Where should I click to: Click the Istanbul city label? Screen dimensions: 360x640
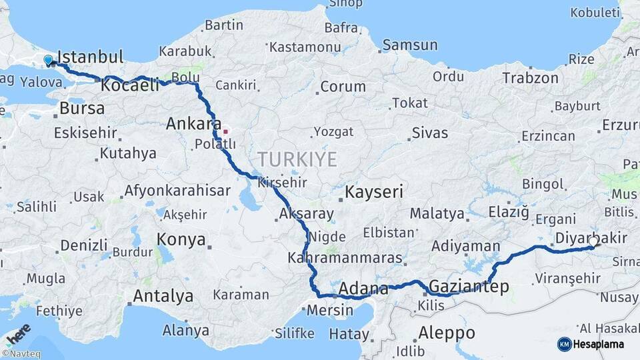(91, 56)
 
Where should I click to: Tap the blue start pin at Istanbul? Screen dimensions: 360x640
(48, 61)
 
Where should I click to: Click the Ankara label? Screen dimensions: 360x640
(193, 123)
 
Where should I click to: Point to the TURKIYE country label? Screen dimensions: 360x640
(297, 159)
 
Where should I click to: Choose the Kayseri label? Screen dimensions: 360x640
(374, 193)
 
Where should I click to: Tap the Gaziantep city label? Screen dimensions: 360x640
(469, 287)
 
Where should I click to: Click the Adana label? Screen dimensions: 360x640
(363, 289)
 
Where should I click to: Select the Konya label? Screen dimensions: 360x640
(181, 240)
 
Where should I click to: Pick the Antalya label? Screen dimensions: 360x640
(163, 295)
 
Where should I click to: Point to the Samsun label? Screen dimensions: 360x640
(410, 45)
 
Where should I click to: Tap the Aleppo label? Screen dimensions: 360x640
(447, 333)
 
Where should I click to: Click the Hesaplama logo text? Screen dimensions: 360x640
(600, 344)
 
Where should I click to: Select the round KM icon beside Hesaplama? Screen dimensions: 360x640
(564, 344)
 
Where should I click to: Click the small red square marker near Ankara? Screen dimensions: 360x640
(225, 131)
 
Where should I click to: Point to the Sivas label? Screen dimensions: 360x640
(430, 133)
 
